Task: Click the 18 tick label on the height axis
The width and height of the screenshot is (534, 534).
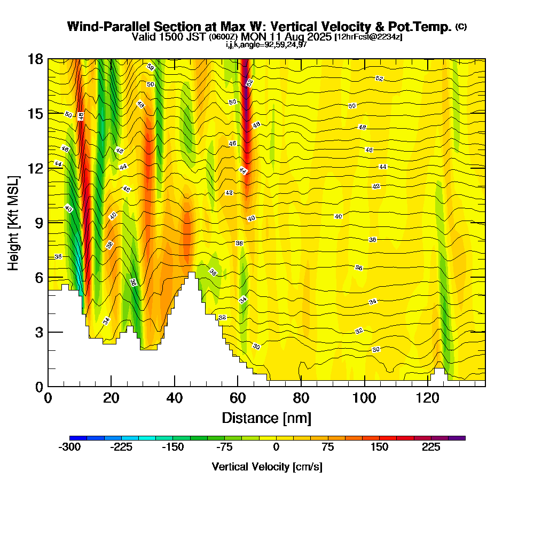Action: pyautogui.click(x=36, y=59)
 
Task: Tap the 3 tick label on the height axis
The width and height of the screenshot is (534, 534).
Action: pyautogui.click(x=39, y=332)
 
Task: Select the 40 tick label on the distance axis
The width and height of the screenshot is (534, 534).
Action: pyautogui.click(x=175, y=399)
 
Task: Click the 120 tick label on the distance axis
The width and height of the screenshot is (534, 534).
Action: pyautogui.click(x=428, y=399)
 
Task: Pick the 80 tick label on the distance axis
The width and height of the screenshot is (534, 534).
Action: pyautogui.click(x=301, y=399)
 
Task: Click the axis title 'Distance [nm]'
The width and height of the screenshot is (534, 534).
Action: pyautogui.click(x=266, y=418)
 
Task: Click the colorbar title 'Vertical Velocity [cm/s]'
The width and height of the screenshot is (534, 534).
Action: pyautogui.click(x=267, y=467)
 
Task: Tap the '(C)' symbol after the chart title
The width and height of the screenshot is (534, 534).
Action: pyautogui.click(x=461, y=27)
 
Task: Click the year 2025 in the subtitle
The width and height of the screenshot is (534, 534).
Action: pyautogui.click(x=318, y=37)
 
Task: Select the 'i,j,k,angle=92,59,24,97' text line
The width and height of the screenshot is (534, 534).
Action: pyautogui.click(x=266, y=45)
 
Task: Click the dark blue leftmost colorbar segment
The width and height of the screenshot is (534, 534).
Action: pyautogui.click(x=78, y=438)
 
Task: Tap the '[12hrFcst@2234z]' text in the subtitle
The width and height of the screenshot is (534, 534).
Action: pyautogui.click(x=368, y=37)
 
